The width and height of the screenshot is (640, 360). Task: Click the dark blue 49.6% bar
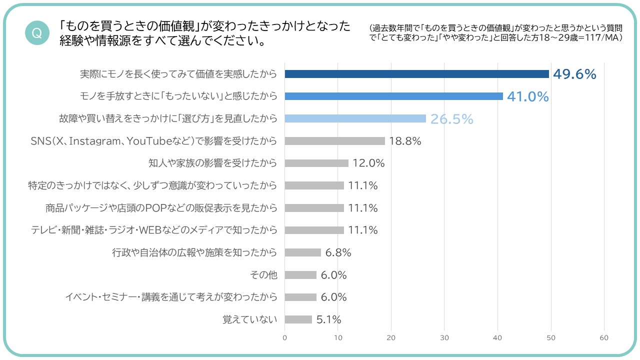[416, 74]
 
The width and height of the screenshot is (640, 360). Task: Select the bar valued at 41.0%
[393, 96]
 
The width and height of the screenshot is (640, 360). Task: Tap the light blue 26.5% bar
[355, 118]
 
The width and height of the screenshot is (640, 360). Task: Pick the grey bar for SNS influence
[334, 141]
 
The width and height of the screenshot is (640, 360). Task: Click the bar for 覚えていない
[298, 319]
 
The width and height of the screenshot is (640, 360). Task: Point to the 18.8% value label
[405, 141]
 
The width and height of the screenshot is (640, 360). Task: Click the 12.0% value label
[368, 163]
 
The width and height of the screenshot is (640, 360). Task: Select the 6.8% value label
[338, 252]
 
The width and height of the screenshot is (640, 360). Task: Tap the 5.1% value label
[328, 319]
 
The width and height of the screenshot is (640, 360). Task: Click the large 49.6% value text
[574, 74]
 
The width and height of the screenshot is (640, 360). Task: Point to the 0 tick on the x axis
[285, 338]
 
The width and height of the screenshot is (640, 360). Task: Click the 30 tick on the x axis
[444, 338]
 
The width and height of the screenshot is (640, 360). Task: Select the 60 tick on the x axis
[604, 338]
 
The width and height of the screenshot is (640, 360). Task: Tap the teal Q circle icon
[36, 33]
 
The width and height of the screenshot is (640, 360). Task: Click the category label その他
[263, 275]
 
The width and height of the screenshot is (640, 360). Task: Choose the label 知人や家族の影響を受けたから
[212, 163]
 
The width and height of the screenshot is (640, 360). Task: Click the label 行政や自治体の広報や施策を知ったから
[194, 252]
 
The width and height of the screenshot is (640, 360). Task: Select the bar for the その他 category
[300, 275]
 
